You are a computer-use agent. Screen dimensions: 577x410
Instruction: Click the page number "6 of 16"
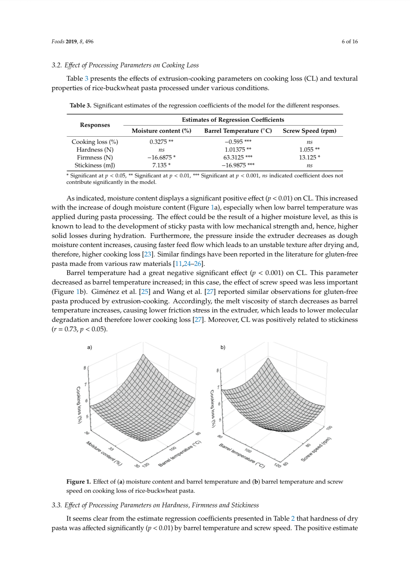[349, 41]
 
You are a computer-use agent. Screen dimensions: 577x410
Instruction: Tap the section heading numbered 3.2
[125, 65]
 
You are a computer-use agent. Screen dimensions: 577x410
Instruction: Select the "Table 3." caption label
[80, 105]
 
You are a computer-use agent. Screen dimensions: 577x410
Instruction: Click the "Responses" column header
[95, 125]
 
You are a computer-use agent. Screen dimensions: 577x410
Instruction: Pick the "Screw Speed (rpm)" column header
[309, 131]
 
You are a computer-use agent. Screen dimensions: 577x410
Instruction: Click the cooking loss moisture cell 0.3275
[161, 142]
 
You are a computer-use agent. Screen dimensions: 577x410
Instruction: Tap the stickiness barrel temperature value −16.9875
[238, 165]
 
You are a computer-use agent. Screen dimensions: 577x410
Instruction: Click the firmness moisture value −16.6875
[161, 158]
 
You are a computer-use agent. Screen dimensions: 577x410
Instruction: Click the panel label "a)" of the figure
[90, 347]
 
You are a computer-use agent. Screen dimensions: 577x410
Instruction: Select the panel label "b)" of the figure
[223, 347]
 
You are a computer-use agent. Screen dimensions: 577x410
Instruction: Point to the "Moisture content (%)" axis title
[104, 453]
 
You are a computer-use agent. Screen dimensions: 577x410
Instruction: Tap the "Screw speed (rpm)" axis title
[316, 449]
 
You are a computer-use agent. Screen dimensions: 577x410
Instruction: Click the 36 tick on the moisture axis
[87, 433]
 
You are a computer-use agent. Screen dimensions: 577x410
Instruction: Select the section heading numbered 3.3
[155, 505]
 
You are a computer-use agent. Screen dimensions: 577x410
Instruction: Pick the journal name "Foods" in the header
[58, 41]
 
